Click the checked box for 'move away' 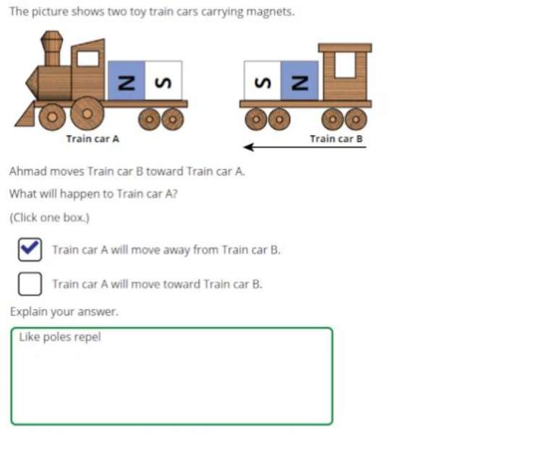tap(30, 250)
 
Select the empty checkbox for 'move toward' tap(30, 284)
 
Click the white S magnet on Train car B tap(261, 80)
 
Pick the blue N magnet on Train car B tap(299, 80)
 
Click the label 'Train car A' tap(93, 138)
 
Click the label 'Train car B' tap(336, 138)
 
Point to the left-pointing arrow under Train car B tap(304, 148)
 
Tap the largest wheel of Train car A tap(87, 114)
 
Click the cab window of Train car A tap(88, 59)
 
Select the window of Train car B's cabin tap(344, 66)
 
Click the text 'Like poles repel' tap(60, 337)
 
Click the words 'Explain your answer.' tap(64, 312)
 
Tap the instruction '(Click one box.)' tap(48, 217)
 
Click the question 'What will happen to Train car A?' tap(93, 194)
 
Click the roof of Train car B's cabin tap(345, 48)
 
